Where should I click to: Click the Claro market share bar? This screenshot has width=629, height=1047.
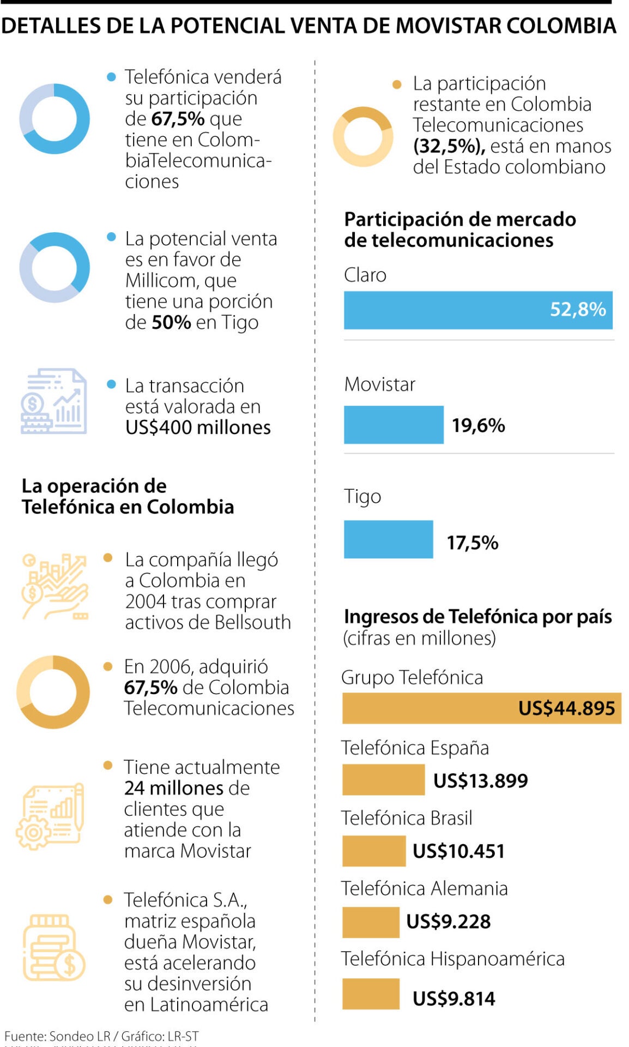(x=477, y=310)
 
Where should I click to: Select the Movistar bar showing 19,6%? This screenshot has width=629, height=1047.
(x=393, y=425)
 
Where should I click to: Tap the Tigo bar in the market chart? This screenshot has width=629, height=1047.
(x=388, y=539)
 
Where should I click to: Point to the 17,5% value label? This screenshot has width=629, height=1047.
(x=472, y=543)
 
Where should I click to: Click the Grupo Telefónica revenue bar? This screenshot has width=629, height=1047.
(x=481, y=708)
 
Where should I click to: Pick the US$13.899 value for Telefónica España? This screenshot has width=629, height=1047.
(x=480, y=780)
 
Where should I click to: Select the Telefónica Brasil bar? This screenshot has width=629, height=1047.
(x=373, y=851)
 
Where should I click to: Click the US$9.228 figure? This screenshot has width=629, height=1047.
(x=448, y=922)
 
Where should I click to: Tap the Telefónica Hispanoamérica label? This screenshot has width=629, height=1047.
(x=452, y=959)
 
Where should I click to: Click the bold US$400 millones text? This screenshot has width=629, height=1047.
(x=198, y=428)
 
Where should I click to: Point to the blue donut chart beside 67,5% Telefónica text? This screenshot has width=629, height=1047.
(x=55, y=119)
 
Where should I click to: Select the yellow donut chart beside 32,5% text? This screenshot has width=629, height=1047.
(x=362, y=137)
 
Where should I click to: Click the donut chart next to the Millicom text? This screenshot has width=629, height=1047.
(x=55, y=267)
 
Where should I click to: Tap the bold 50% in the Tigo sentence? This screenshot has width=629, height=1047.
(x=171, y=322)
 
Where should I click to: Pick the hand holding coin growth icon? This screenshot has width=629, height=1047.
(x=54, y=587)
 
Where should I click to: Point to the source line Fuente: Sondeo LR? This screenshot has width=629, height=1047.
(x=101, y=1036)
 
